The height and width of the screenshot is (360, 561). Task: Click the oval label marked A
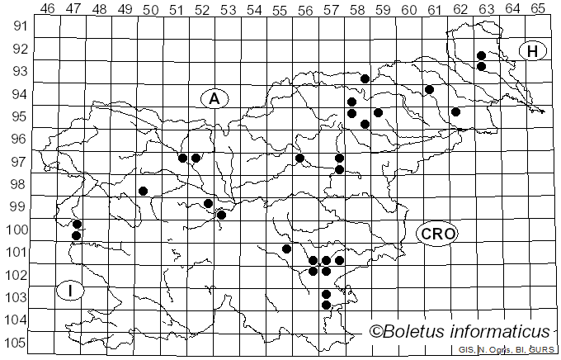click(214, 99)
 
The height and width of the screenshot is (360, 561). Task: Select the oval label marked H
click(533, 51)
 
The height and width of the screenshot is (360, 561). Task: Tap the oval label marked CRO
click(436, 233)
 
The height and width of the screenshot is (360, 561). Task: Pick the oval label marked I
click(71, 291)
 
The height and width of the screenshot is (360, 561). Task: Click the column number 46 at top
click(47, 9)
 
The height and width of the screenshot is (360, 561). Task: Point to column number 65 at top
click(538, 9)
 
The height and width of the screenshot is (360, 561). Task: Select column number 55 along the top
click(280, 9)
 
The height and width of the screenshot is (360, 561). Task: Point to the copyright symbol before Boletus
click(375, 332)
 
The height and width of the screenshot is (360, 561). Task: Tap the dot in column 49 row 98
click(143, 191)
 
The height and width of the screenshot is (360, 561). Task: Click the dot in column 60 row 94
click(429, 89)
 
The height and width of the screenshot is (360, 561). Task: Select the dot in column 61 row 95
click(455, 111)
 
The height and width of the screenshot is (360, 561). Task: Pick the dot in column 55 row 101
click(286, 249)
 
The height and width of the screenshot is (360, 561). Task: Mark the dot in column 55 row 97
click(299, 158)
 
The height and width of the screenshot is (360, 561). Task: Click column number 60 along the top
click(409, 9)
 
